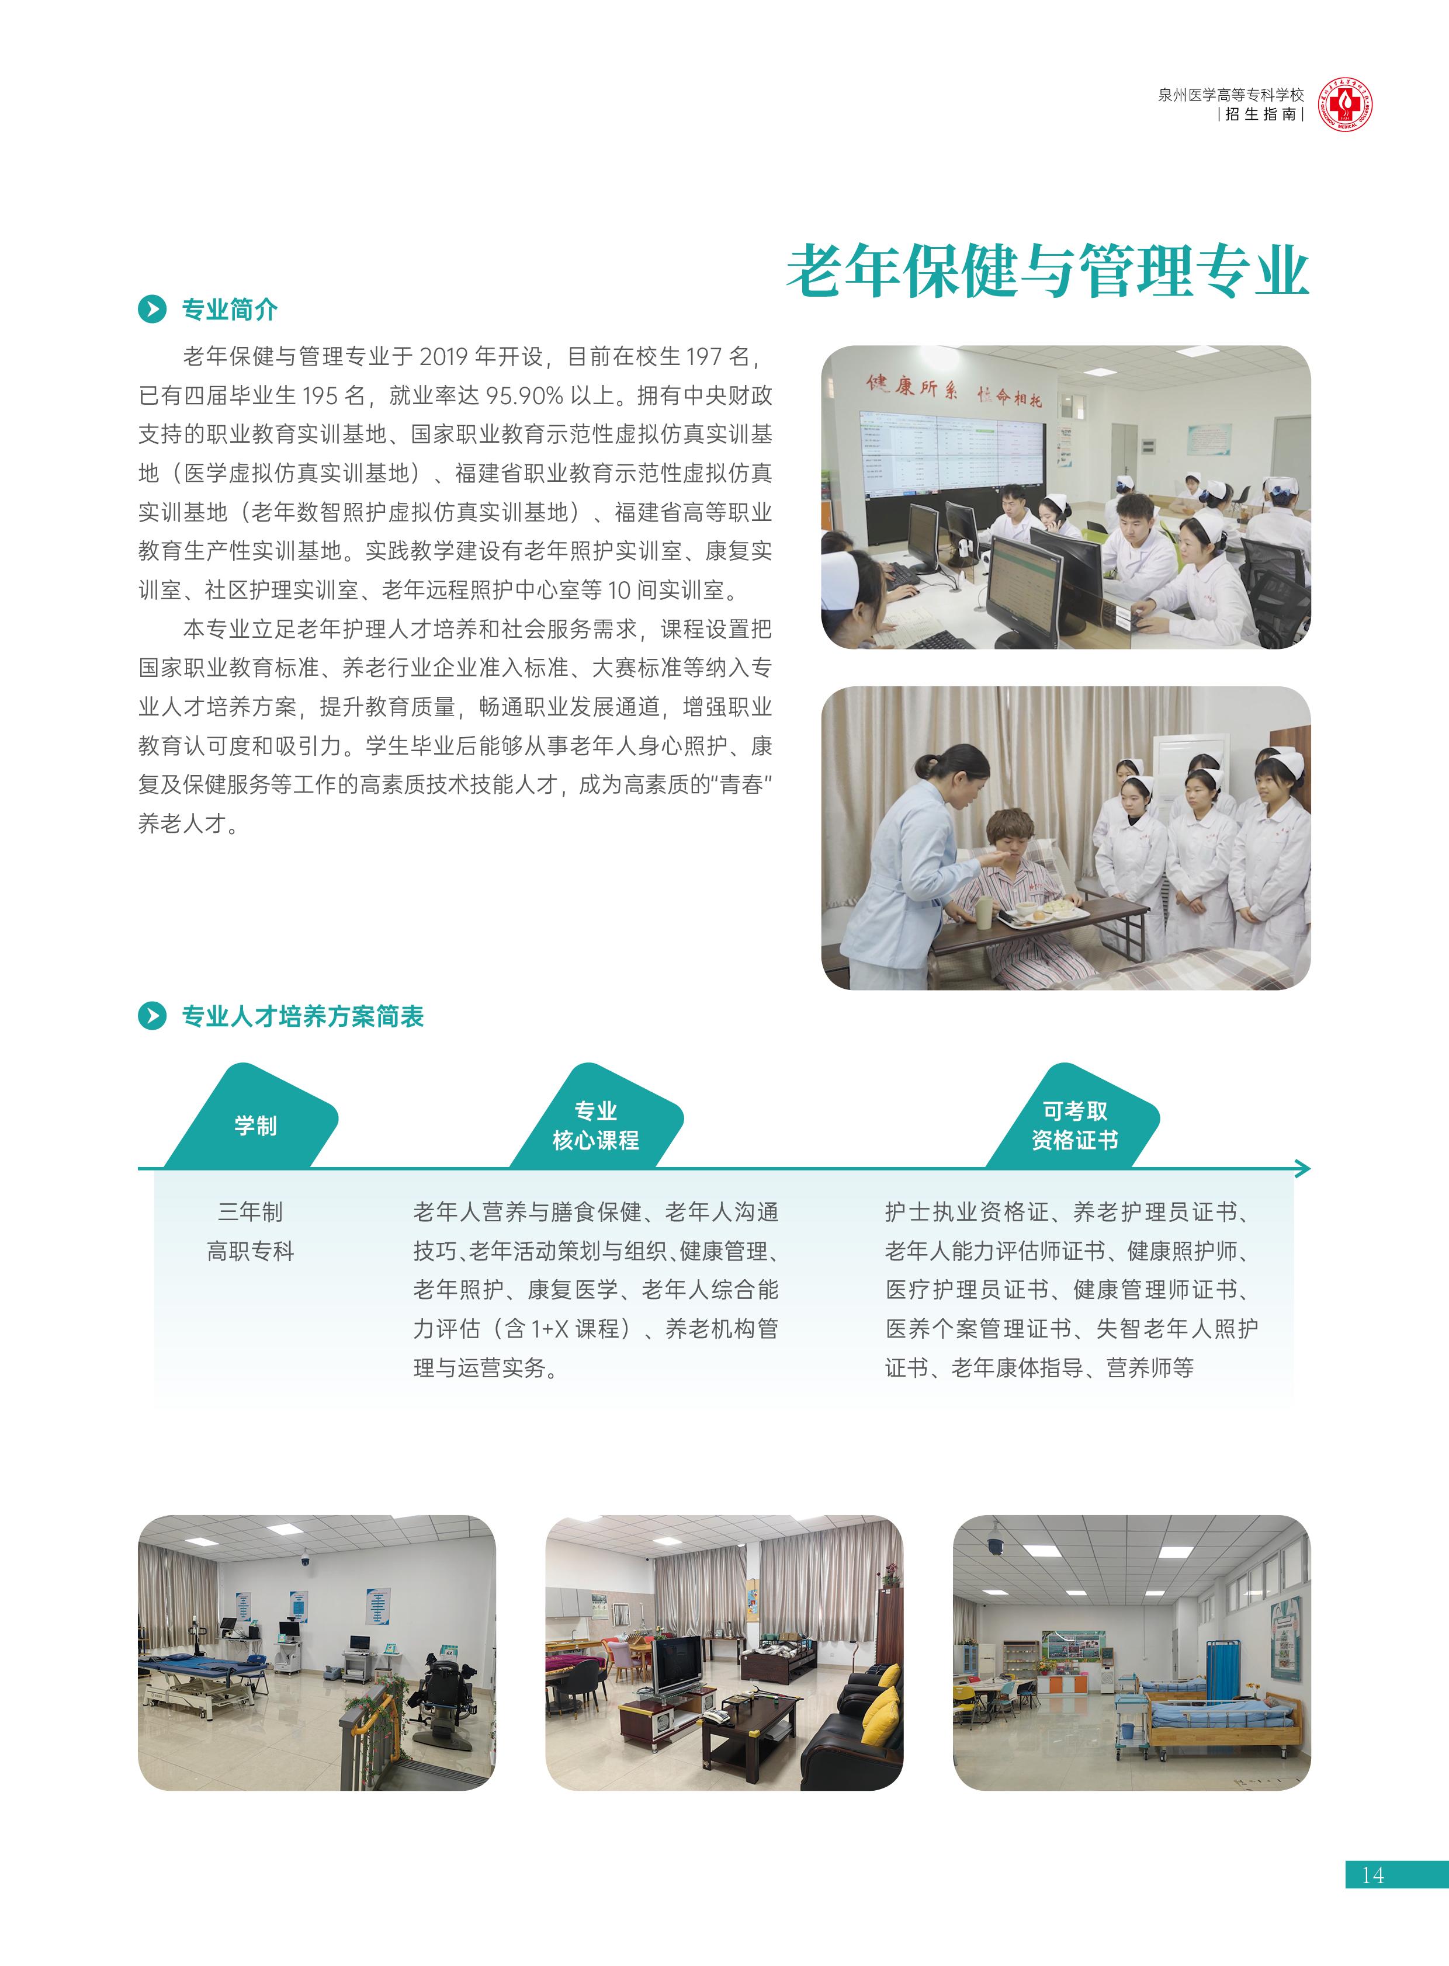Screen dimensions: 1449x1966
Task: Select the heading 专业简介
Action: point(229,310)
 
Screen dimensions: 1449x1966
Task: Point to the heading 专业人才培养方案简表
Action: point(303,1016)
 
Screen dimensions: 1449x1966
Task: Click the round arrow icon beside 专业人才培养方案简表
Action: point(152,1016)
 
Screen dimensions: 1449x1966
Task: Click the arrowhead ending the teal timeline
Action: point(1304,1168)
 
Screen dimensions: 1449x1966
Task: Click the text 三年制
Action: point(251,1212)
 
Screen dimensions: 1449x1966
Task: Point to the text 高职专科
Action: point(251,1251)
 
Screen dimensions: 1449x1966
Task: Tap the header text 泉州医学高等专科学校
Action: point(1230,95)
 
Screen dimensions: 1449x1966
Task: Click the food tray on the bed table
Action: point(1041,915)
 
